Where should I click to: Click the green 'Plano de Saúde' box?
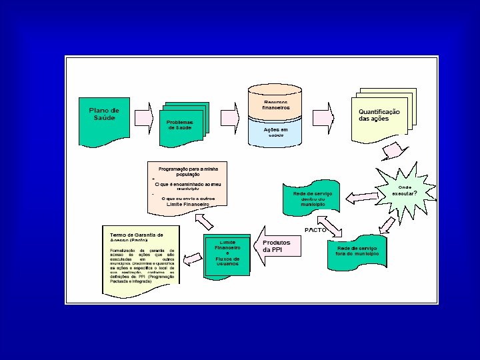click(105, 114)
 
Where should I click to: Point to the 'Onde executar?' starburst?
click(405, 190)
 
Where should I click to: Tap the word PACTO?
click(315, 229)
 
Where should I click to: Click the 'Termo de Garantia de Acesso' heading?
click(136, 238)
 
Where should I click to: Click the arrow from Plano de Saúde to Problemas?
click(144, 116)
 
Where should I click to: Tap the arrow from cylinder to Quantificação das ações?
click(324, 114)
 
